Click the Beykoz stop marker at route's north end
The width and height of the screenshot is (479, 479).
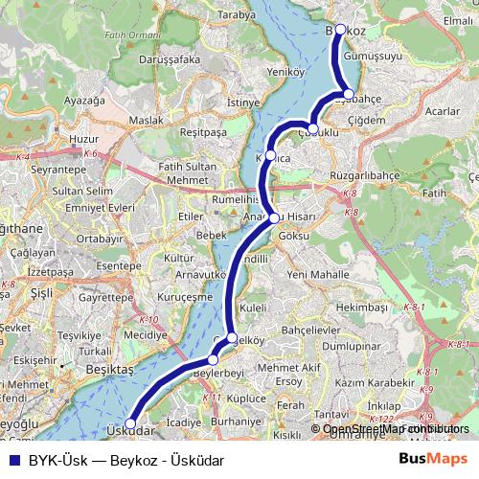coord(340,30)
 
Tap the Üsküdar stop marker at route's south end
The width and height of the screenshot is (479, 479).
coord(130,422)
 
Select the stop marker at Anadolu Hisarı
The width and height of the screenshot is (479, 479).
coord(275,217)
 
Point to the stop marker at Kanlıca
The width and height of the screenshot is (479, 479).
coord(271,156)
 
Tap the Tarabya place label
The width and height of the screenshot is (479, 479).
coord(238,15)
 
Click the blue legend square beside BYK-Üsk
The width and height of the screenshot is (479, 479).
coord(11,459)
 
